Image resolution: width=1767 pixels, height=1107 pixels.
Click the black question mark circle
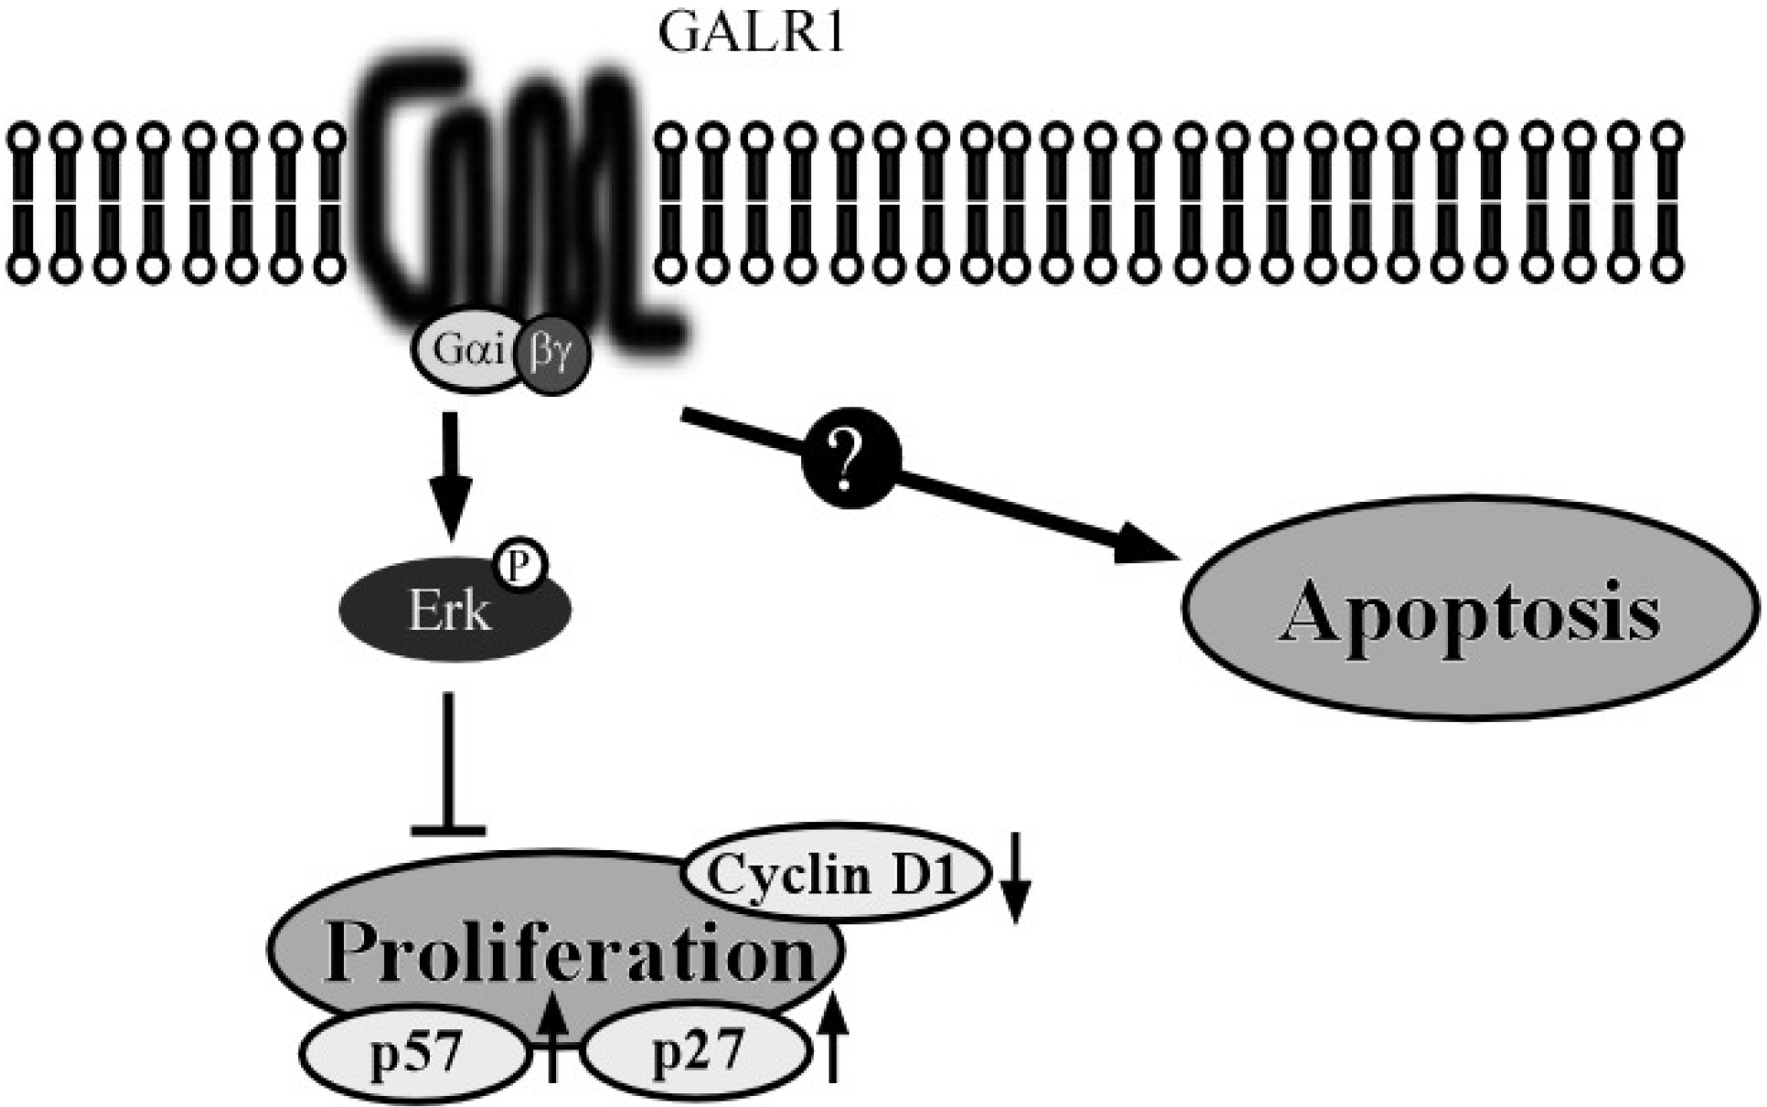[x=851, y=460]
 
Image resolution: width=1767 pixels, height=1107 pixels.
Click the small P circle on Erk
[x=519, y=565]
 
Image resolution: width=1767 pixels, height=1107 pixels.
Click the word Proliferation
[x=569, y=953]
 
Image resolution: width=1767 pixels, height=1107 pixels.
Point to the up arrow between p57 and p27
[x=552, y=1040]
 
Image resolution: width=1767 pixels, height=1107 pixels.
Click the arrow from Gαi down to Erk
[x=450, y=475]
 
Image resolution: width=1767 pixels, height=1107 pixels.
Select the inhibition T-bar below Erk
[x=448, y=768]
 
